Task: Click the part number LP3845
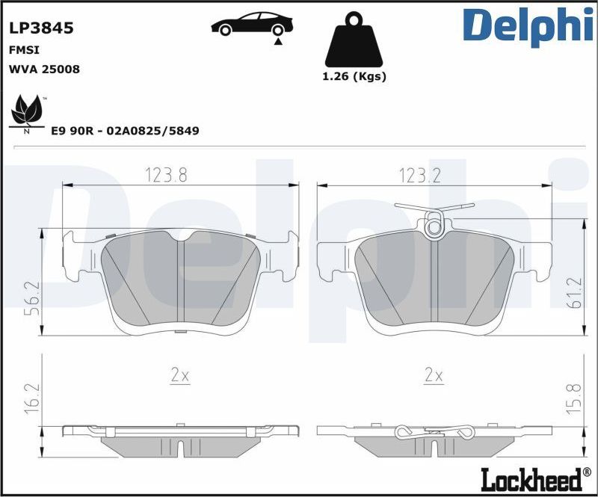pos(40,28)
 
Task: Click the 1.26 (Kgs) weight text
pos(353,76)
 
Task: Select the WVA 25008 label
pos(44,69)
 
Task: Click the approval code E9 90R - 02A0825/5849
pos(125,130)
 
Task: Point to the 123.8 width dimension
pos(165,175)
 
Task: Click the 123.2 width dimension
pos(419,175)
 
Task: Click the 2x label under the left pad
pos(179,375)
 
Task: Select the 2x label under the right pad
pos(434,375)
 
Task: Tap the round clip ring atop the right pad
pos(434,224)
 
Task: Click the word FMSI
pos(24,49)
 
